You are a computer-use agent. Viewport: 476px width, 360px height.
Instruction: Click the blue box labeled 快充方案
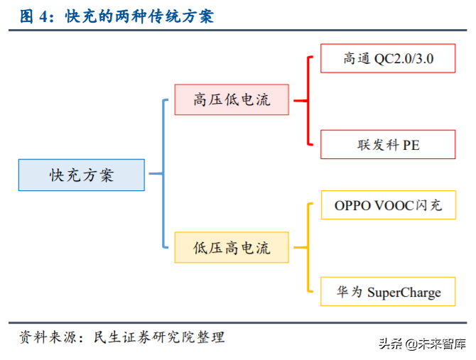[x=81, y=175]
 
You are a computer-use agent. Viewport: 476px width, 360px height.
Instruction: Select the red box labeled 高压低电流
[x=232, y=99]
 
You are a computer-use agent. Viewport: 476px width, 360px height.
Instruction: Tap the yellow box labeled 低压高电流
[x=232, y=248]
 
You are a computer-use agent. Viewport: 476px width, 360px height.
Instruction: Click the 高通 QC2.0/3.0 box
[x=388, y=58]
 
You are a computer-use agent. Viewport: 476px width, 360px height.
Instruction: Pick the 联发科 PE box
[x=388, y=144]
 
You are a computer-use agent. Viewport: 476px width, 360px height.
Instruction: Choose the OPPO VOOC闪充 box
[x=388, y=205]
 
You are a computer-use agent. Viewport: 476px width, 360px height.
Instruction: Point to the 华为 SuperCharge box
[x=388, y=291]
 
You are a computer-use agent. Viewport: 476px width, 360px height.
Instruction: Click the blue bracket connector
[x=162, y=174]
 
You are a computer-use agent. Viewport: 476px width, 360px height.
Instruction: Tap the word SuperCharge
[x=404, y=292]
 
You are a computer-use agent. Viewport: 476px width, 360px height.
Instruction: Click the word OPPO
[x=352, y=205]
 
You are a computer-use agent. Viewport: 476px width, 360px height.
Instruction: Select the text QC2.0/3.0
[x=404, y=59]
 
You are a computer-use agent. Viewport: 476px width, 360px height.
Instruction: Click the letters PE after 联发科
[x=411, y=145]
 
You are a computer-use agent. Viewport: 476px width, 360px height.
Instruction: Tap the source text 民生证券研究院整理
[x=159, y=337]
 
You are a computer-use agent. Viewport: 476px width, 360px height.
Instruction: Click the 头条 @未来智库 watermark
[x=423, y=344]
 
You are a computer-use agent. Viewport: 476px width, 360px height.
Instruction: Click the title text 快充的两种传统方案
[x=139, y=16]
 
